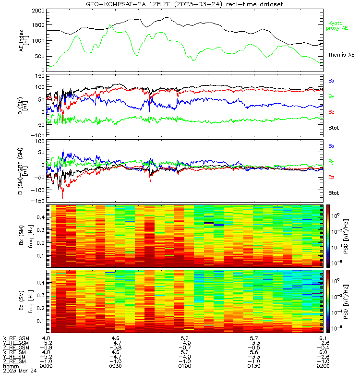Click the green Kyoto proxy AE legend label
pos(337,25)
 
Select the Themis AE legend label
pos(341,55)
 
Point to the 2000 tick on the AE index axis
pos(38,11)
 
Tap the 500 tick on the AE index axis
pos(40,56)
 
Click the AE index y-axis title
pos(24,41)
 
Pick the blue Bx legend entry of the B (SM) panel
pos(331,81)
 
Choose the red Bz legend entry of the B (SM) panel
pos(331,112)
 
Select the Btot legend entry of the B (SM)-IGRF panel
pos(334,193)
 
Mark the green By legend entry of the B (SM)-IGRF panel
pos(331,162)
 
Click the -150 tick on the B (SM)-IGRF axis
pos(38,201)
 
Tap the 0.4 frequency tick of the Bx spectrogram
pos(40,217)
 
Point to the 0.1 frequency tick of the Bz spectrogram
pos(40,321)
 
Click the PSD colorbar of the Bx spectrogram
pos(328,236)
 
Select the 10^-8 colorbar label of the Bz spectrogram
pos(336,328)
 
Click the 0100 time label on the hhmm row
pos(185,366)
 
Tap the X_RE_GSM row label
pos(16,338)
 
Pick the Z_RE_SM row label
pos(14,361)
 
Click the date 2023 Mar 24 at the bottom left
pos(20,371)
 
